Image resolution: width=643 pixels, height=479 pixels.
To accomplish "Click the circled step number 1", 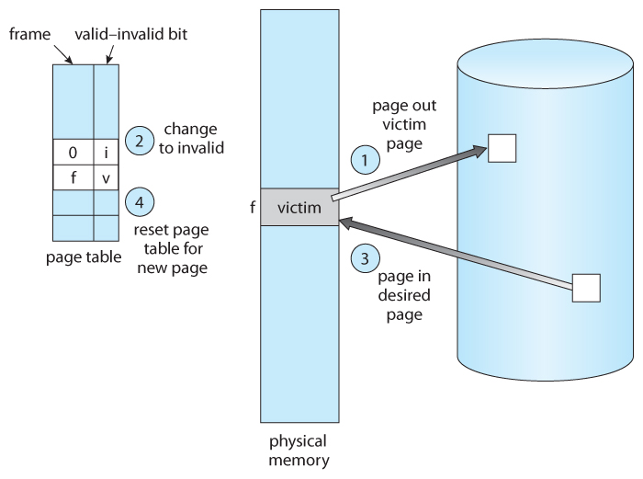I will [x=366, y=160].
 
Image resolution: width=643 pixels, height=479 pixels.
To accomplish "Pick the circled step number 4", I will [x=139, y=201].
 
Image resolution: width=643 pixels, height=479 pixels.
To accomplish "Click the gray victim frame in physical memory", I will [x=299, y=208].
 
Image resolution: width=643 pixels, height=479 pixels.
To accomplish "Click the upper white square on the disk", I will [x=502, y=148].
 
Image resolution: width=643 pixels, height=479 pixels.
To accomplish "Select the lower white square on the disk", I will [x=586, y=288].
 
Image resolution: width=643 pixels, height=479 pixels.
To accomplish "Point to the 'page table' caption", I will [x=84, y=257].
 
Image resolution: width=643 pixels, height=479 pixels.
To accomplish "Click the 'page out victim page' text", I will [x=401, y=123].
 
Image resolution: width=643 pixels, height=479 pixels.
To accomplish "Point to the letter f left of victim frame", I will [x=252, y=208].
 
